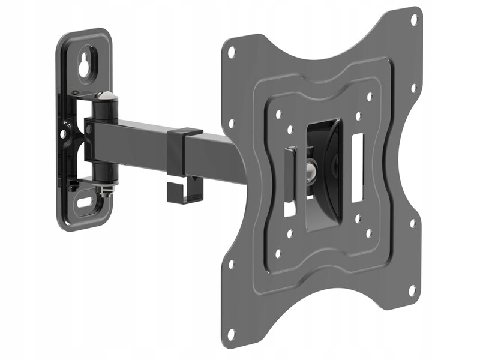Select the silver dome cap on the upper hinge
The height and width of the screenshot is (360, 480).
point(105,97)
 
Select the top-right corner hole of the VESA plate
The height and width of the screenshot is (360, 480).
point(413,19)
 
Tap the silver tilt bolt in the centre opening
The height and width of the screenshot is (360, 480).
point(311,170)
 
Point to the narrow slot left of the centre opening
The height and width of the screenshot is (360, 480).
point(289,180)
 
